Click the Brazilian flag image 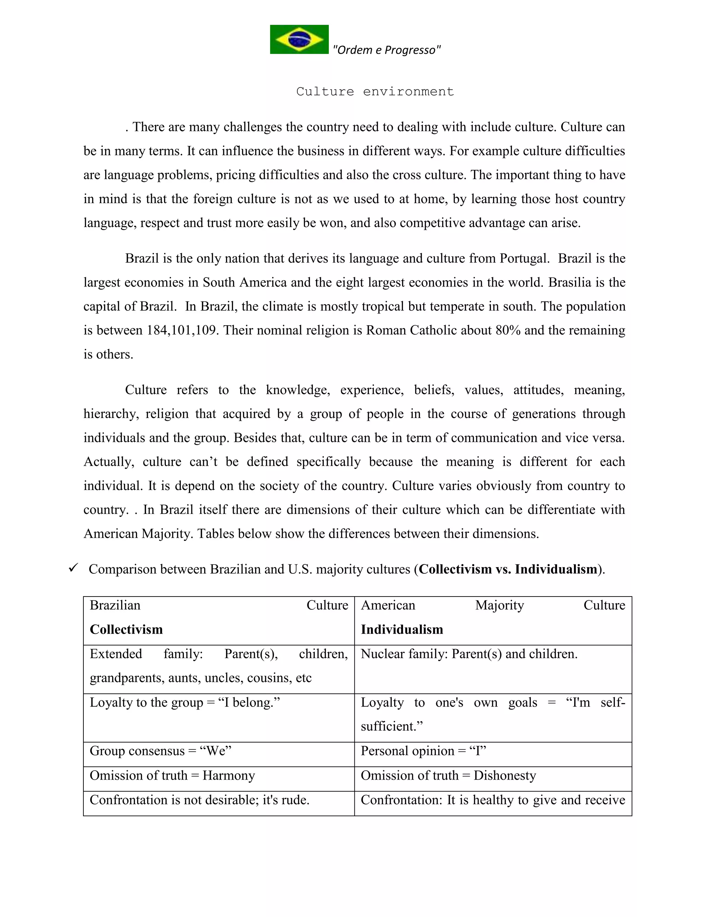[299, 39]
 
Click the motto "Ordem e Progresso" [386, 50]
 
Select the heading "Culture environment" [375, 92]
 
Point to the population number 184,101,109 [181, 330]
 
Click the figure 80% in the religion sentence [508, 330]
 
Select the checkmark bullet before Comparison [73, 569]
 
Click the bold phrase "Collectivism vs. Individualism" [508, 569]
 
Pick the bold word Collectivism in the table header [126, 629]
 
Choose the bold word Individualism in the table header [402, 629]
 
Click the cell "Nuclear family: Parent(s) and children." [469, 654]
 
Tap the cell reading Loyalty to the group [185, 703]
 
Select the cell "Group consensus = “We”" [160, 751]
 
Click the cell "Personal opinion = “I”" [423, 751]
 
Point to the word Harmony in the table [228, 775]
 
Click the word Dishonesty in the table [504, 775]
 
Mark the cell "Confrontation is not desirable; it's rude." [199, 800]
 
